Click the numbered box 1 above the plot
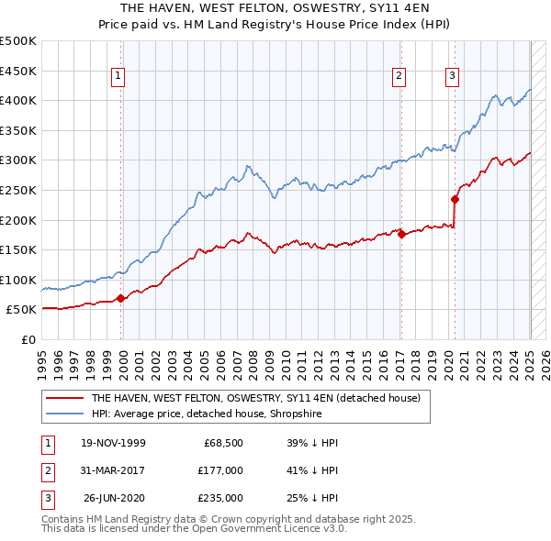(x=120, y=76)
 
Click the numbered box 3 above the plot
(x=453, y=76)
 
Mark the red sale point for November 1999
(x=121, y=298)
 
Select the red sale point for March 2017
(x=401, y=234)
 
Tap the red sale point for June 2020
(x=455, y=199)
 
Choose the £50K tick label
(x=22, y=310)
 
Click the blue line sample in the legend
(x=64, y=413)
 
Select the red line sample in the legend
(x=64, y=398)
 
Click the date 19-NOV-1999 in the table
(x=113, y=443)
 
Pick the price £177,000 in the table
(x=219, y=470)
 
